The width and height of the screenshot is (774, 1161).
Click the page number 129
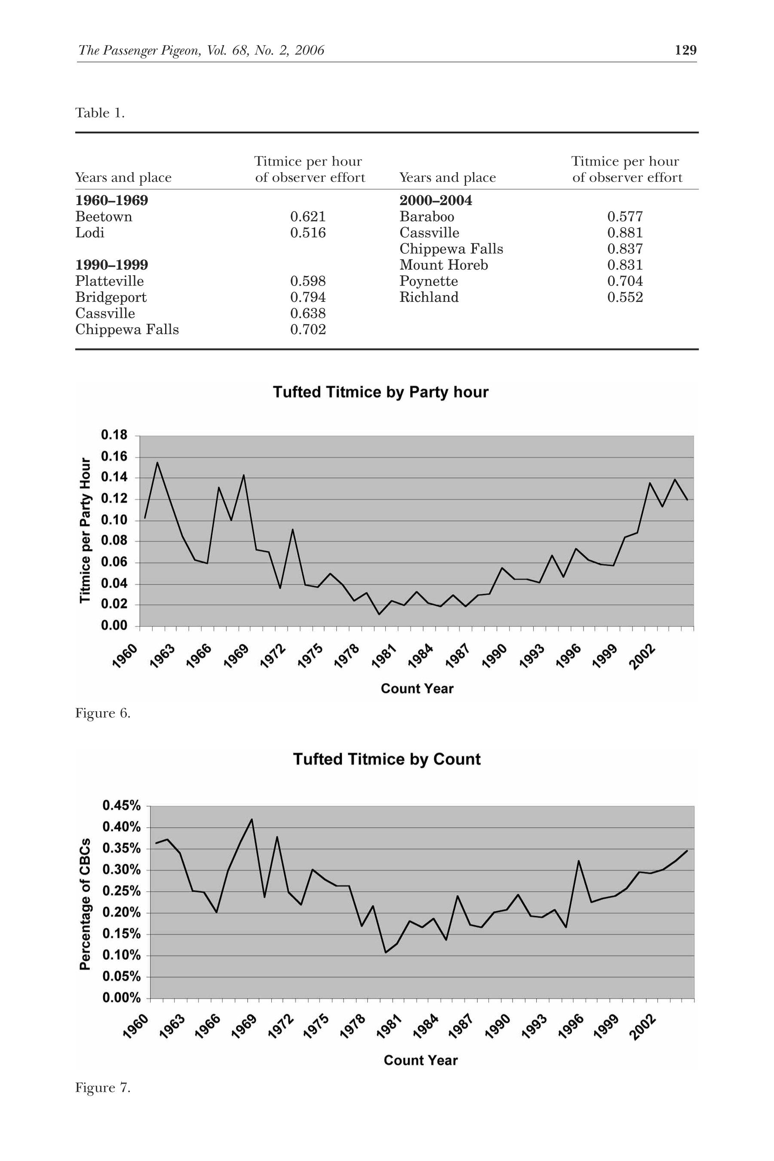click(686, 50)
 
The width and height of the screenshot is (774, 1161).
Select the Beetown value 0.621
click(307, 217)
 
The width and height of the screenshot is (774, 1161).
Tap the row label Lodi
click(90, 233)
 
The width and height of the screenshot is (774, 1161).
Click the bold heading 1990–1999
click(111, 265)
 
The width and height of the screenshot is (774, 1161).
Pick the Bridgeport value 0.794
click(307, 297)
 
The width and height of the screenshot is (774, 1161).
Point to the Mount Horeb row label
click(443, 265)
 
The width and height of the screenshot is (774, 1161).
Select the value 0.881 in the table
click(625, 233)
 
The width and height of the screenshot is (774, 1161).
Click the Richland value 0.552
click(625, 297)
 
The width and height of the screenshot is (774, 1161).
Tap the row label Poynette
click(428, 281)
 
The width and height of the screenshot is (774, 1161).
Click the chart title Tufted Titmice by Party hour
click(381, 392)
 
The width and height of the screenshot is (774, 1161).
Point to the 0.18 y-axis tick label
click(114, 435)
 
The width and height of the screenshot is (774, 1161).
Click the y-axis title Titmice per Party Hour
click(86, 530)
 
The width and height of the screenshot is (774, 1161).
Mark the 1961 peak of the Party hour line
click(157, 463)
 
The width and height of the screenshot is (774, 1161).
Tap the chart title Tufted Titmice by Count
click(387, 759)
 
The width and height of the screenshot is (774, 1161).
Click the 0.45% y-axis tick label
click(121, 805)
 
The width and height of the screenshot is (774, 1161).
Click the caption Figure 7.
click(103, 1087)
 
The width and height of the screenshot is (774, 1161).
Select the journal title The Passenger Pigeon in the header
click(139, 50)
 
